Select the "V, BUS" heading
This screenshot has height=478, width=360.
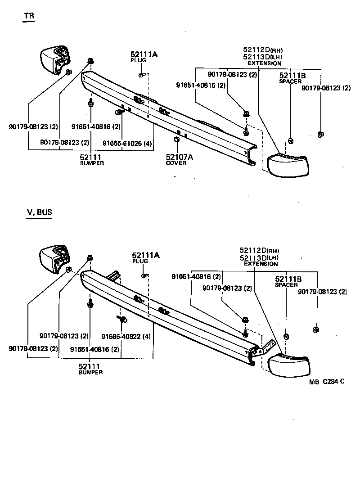point(39,212)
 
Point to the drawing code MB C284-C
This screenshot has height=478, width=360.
point(327,382)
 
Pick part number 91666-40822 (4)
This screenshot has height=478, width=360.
point(126,336)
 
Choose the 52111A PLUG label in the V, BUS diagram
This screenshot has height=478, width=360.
point(145,257)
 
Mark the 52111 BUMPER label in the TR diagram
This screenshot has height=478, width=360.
point(92,159)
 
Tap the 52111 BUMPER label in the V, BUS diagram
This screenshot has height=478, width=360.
point(90,369)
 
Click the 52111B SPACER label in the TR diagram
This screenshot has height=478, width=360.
point(292,78)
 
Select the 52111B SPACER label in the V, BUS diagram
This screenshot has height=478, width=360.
point(288,282)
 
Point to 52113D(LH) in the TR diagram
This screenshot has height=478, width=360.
point(262,57)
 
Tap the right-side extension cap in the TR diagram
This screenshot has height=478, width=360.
point(288,165)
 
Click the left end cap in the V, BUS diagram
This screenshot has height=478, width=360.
point(53,260)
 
